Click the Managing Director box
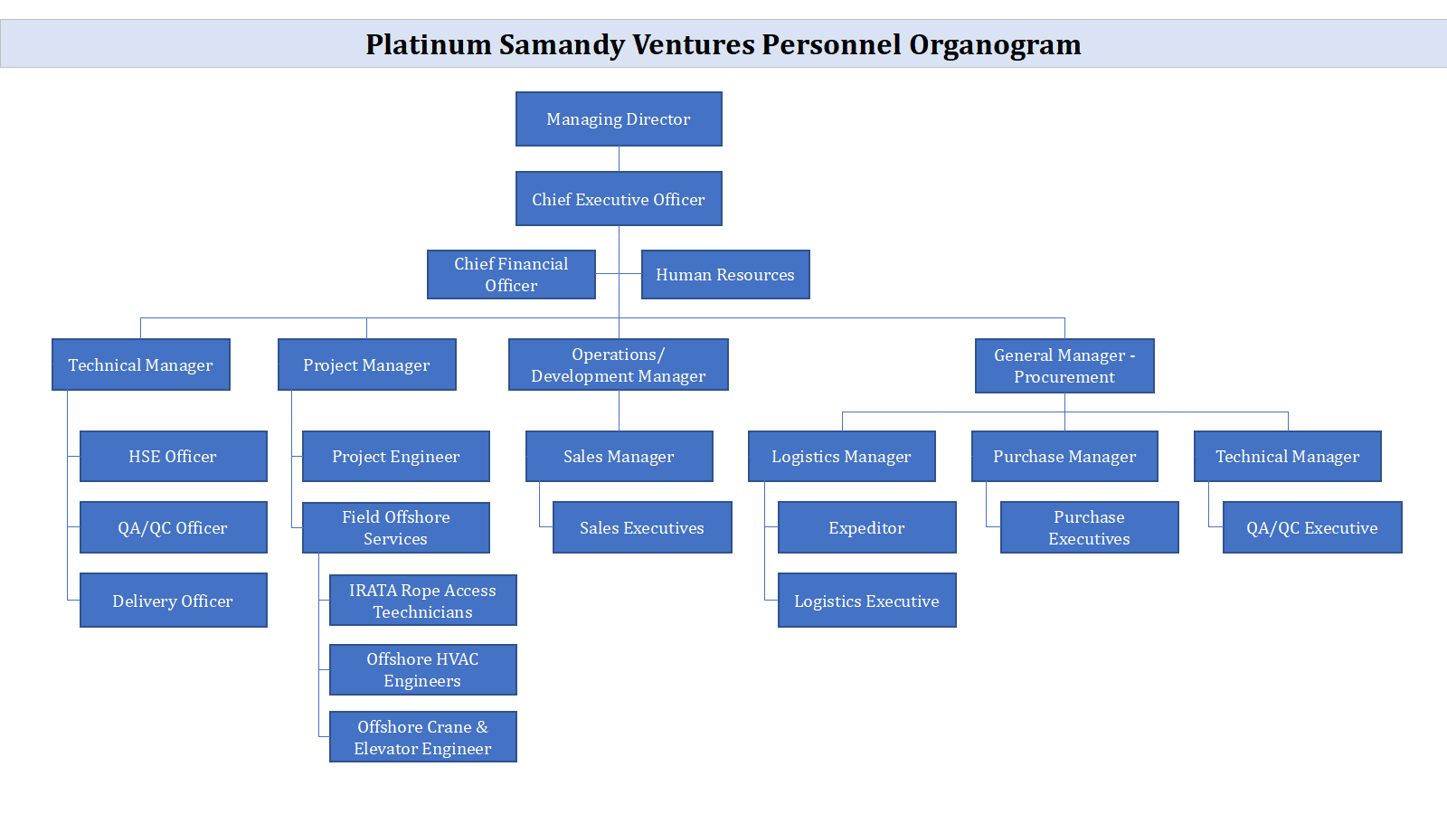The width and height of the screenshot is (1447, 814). [x=619, y=118]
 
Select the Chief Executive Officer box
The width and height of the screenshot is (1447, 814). [x=619, y=199]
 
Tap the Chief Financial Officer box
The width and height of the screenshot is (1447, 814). [x=511, y=274]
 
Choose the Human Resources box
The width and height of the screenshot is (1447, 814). [x=725, y=274]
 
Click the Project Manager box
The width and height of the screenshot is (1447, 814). [x=366, y=364]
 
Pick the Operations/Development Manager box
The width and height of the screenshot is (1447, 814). [x=619, y=364]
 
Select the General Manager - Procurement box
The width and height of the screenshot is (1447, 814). [x=1064, y=365]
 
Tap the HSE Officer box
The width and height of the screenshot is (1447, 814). [x=173, y=456]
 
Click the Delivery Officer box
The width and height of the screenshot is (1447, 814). [x=173, y=601]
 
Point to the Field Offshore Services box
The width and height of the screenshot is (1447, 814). [x=396, y=527]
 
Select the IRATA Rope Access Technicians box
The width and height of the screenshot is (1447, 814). [x=422, y=601]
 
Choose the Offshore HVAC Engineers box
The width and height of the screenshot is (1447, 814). [x=422, y=669]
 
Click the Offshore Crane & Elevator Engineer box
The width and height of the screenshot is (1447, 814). [x=422, y=737]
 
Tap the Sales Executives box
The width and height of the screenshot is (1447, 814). [x=642, y=527]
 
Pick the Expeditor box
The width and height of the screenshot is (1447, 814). [x=866, y=527]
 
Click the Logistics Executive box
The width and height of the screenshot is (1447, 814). [x=866, y=601]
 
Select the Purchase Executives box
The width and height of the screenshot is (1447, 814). [x=1089, y=527]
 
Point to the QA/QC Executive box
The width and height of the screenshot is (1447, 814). [x=1312, y=527]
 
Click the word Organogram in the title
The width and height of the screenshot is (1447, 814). [x=995, y=44]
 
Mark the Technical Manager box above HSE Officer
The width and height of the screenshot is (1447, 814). [x=140, y=364]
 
